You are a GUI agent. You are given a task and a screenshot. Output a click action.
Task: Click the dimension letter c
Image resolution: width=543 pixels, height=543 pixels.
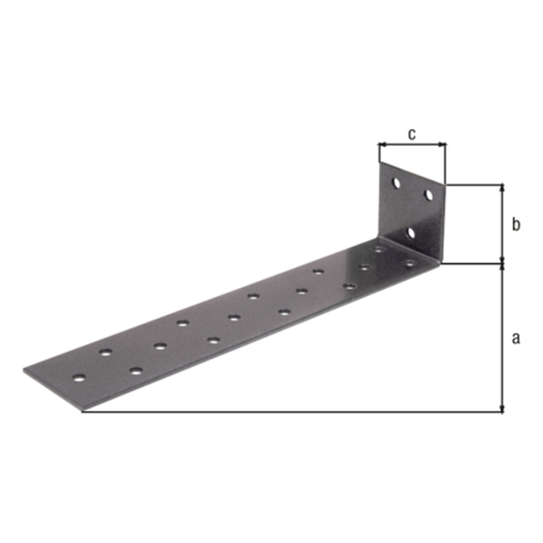coord(412,134)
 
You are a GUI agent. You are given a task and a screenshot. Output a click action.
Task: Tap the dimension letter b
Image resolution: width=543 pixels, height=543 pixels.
coord(516,225)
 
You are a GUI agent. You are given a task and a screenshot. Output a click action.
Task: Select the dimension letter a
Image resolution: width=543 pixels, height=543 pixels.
coord(516,338)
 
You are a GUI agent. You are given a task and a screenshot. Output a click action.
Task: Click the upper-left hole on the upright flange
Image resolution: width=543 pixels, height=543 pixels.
coord(396,183)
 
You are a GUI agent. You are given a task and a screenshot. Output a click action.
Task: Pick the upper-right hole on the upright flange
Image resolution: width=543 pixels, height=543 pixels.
coord(429,195)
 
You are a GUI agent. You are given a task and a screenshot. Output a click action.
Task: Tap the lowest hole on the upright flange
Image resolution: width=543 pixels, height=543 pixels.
coord(411,233)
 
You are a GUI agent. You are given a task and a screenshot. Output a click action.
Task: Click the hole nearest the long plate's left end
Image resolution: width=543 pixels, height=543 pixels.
coord(79,378)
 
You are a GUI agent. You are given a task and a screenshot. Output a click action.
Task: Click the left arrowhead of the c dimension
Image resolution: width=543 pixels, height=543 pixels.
coord(382,145)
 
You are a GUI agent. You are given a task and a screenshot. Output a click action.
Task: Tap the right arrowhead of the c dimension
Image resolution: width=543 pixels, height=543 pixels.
coord(443,145)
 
